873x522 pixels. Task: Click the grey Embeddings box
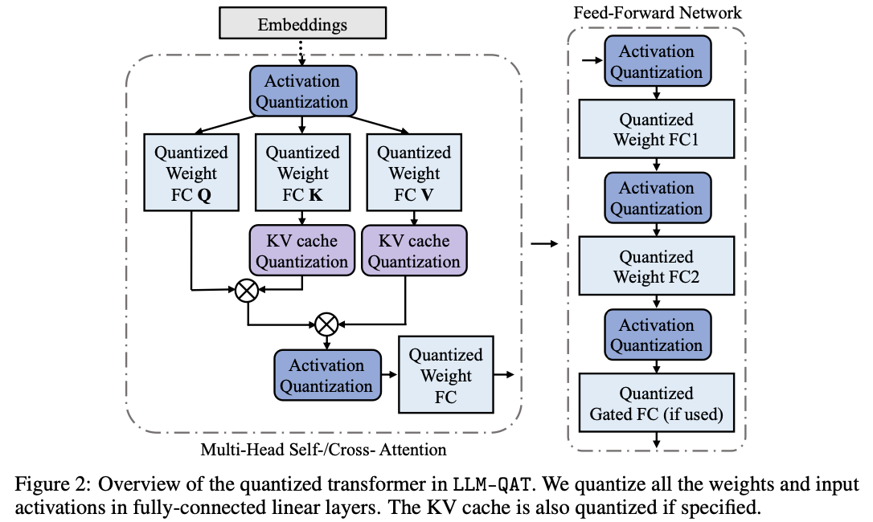pos(302,25)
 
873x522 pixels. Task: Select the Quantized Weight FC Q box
pos(191,173)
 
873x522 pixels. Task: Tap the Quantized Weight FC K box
pos(302,173)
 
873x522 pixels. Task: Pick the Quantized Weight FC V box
pos(414,173)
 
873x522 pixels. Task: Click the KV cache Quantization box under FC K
pos(302,251)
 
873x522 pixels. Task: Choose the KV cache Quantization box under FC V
pos(414,251)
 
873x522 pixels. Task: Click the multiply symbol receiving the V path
pos(326,324)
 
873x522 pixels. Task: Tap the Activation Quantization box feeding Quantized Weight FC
pos(326,376)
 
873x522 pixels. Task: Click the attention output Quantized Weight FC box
pos(446,376)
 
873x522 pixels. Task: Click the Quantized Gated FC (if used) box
pos(656,404)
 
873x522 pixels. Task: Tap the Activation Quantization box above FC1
pos(656,62)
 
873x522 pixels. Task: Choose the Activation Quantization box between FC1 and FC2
pos(656,198)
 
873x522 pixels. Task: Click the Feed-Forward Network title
pos(656,13)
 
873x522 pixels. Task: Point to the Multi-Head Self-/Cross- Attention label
pos(323,449)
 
